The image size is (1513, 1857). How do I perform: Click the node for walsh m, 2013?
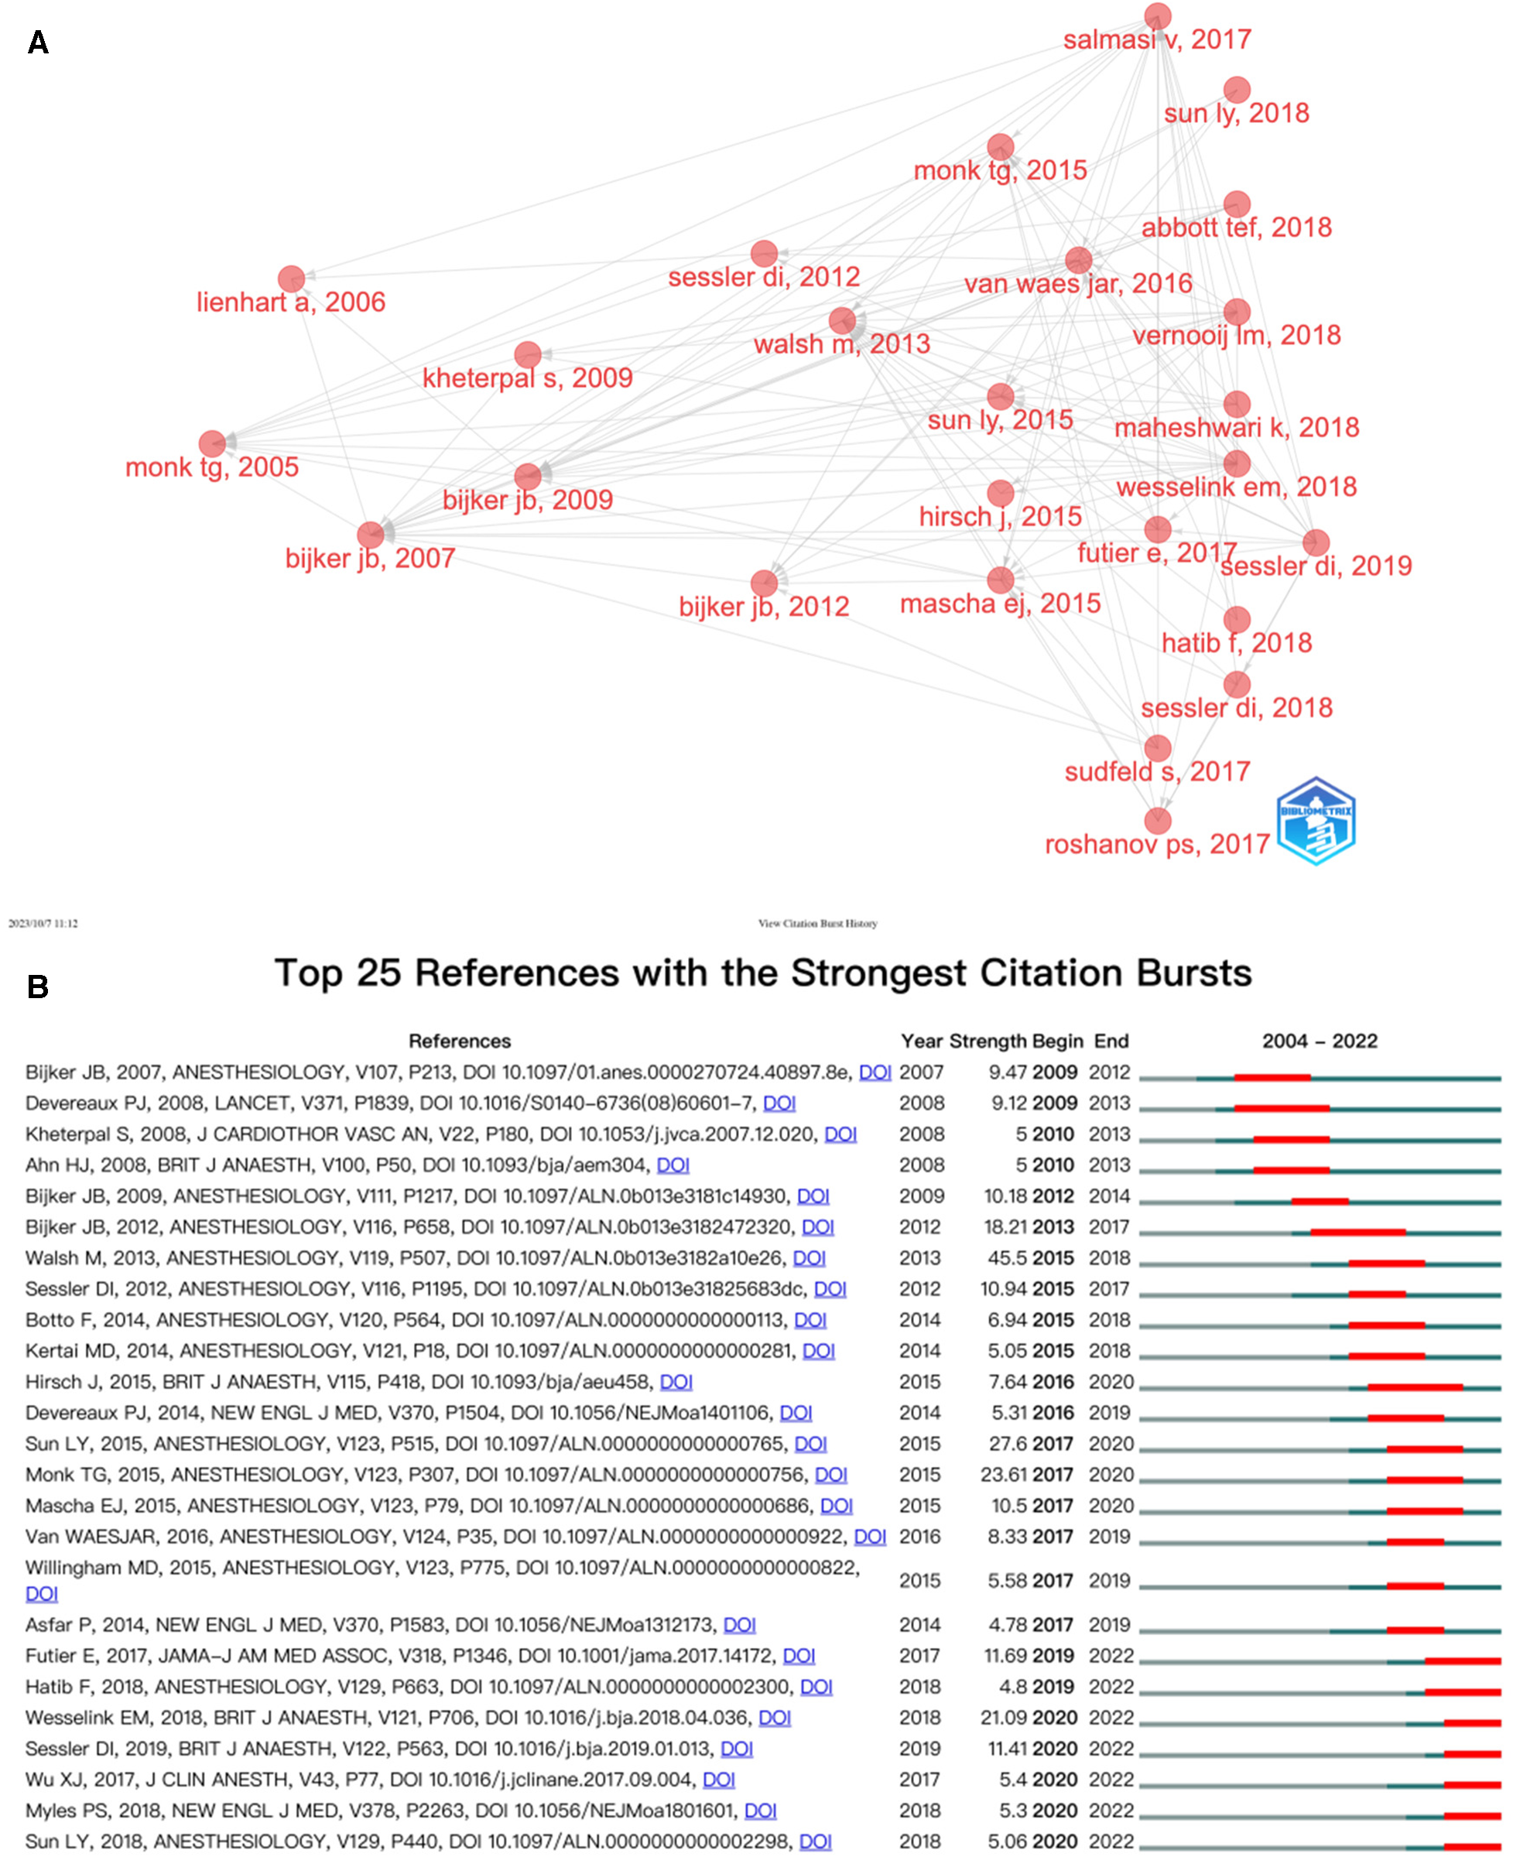(842, 320)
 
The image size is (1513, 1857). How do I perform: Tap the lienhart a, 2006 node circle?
(291, 279)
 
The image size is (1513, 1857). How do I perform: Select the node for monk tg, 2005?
(212, 443)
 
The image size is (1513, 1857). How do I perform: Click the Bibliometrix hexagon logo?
(1315, 820)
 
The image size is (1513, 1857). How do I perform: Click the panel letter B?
(37, 987)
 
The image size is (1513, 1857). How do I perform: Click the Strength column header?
(988, 1041)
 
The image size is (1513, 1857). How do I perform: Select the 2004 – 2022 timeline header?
(1320, 1041)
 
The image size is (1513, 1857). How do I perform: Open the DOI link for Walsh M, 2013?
(809, 1257)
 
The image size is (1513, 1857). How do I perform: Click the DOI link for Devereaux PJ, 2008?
(779, 1103)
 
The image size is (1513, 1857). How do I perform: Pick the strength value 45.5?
(1005, 1257)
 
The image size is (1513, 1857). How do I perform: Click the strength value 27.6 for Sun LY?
(1007, 1443)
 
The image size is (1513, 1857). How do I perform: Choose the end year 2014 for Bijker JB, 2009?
(1110, 1195)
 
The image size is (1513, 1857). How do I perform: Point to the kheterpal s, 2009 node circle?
(527, 354)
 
